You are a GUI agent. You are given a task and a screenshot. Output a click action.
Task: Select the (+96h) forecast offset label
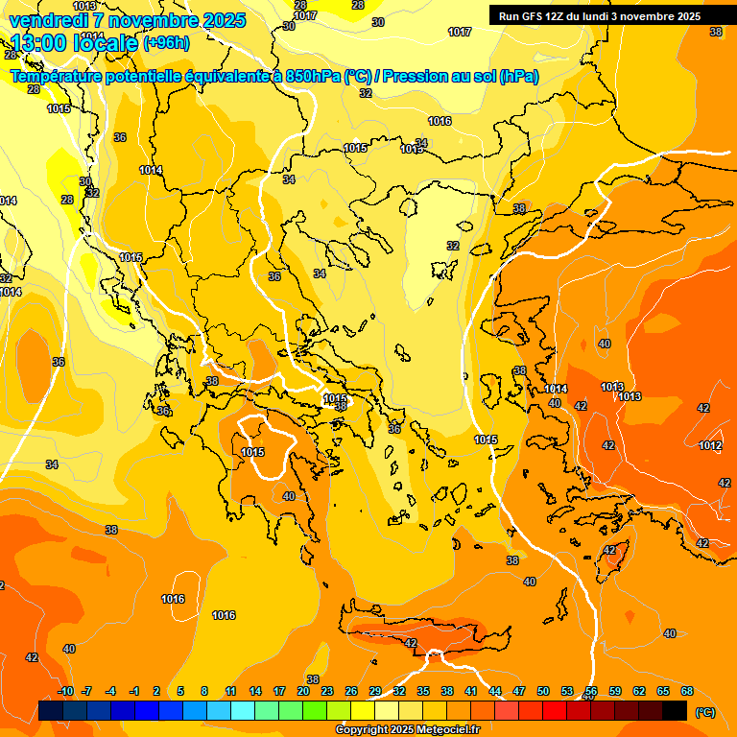pos(166,42)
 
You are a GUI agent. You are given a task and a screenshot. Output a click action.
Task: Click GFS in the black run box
pos(533,16)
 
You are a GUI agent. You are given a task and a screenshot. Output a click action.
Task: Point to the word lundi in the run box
pos(605,16)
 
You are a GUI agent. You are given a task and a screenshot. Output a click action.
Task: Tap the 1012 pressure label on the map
pos(710,445)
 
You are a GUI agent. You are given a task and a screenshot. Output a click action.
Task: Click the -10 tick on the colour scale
pos(65,691)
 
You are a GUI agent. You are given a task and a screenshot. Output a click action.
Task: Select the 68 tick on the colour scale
pos(687,691)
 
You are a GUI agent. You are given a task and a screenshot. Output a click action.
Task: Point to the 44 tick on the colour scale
pos(495,691)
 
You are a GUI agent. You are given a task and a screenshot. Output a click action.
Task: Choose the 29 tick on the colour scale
pos(375,691)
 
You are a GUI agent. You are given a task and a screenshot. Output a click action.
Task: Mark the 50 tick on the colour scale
pos(543,691)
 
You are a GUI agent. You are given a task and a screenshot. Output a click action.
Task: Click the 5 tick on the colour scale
pos(181,691)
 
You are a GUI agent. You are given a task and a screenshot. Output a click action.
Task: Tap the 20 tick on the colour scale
pos(303,691)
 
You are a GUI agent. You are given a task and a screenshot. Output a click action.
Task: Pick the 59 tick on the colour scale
pos(615,691)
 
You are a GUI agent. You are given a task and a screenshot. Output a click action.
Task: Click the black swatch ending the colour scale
pos(675,710)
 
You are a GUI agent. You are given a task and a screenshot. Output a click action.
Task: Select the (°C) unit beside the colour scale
pos(704,711)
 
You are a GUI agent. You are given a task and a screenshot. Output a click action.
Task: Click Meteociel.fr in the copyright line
pos(447,729)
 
